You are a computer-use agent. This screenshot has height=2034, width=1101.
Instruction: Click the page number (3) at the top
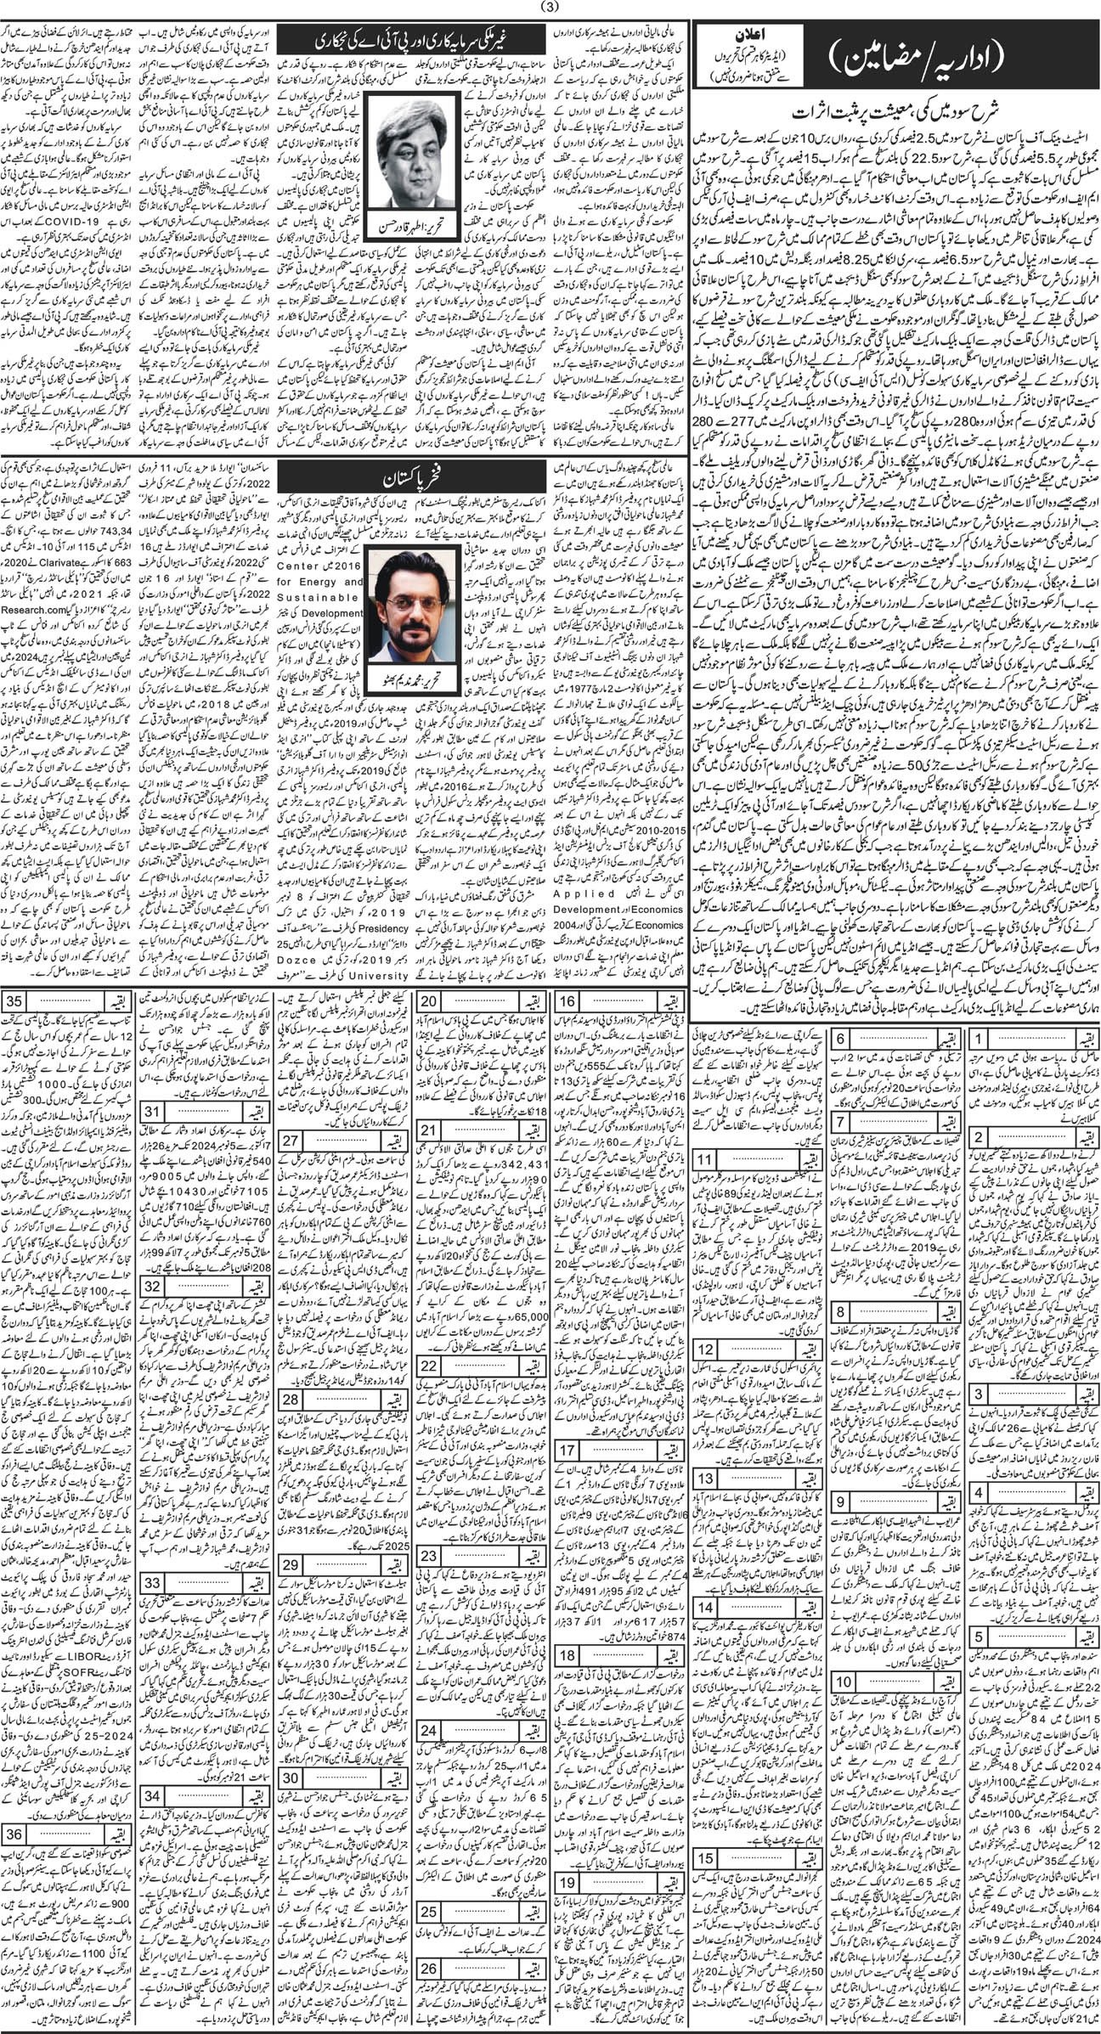(550, 8)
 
